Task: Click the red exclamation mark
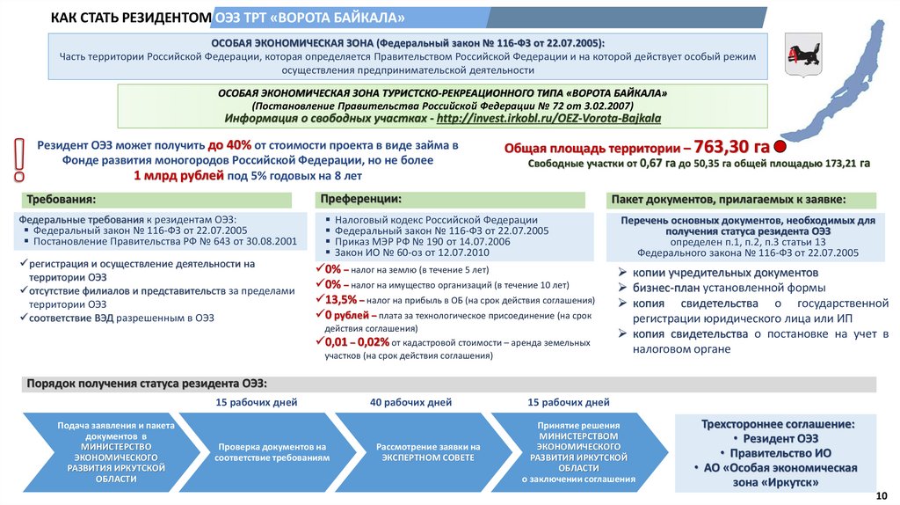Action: (x=18, y=161)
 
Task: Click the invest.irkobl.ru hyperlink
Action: (x=548, y=117)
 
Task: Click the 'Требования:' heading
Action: (x=61, y=200)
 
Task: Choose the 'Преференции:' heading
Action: (x=361, y=200)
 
